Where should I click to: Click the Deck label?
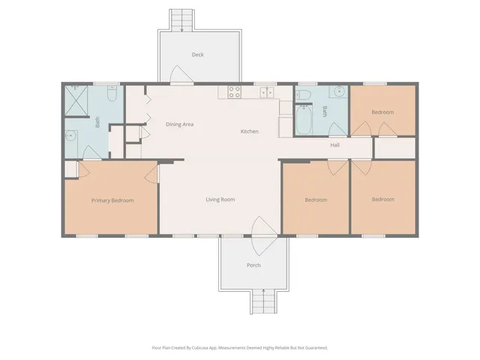point(197,54)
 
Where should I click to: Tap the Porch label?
point(253,265)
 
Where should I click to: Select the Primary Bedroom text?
point(112,200)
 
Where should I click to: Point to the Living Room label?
point(220,199)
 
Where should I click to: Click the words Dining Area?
point(179,124)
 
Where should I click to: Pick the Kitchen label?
point(249,131)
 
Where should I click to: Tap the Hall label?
point(335,145)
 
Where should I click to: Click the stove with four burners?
point(233,92)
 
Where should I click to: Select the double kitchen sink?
point(266,92)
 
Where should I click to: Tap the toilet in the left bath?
point(110,94)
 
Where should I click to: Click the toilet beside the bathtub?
point(303,94)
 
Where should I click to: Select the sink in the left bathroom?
point(70,136)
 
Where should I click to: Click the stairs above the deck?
point(181,19)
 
